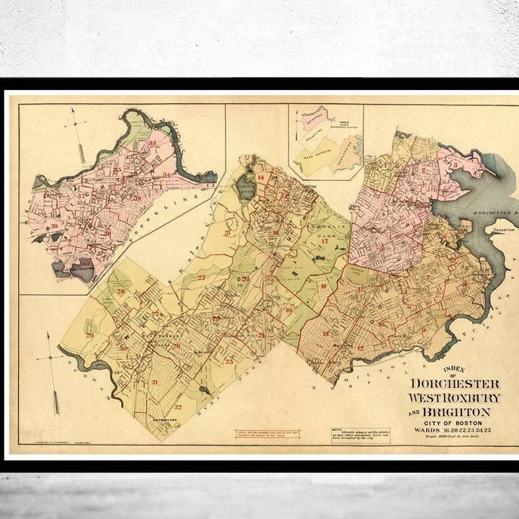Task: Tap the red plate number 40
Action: pyautogui.click(x=85, y=264)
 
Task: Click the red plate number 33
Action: pyautogui.click(x=152, y=143)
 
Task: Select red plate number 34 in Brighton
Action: pyautogui.click(x=167, y=175)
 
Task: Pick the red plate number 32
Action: pyautogui.click(x=177, y=407)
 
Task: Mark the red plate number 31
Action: pyautogui.click(x=155, y=382)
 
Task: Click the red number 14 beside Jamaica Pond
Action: pyautogui.click(x=261, y=177)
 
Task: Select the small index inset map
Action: pyautogui.click(x=326, y=141)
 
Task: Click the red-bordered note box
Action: pyautogui.click(x=268, y=435)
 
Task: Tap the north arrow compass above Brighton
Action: pyautogui.click(x=74, y=130)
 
